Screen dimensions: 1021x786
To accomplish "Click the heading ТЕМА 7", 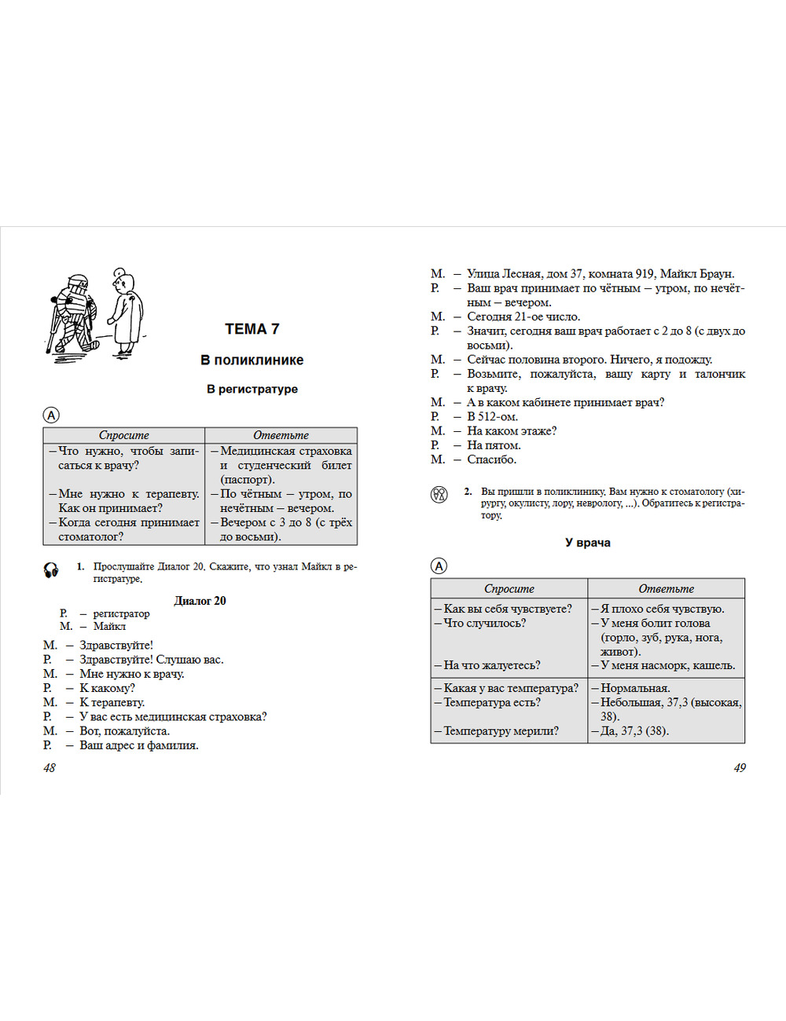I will point(252,329).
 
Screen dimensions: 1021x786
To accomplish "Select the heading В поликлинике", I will point(252,360).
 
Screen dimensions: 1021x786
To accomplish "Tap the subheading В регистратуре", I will point(252,389).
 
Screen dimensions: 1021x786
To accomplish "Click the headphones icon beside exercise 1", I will point(51,570).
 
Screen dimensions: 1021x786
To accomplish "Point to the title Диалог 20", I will point(200,601).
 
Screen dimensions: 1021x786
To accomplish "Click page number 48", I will point(50,767).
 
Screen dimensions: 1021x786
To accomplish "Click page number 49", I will point(740,767).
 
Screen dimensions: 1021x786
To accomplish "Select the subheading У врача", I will point(587,543).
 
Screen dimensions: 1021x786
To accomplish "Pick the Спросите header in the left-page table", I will point(123,435).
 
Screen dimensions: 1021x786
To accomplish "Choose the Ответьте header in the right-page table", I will point(666,588).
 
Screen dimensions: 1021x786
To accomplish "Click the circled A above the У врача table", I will point(439,566).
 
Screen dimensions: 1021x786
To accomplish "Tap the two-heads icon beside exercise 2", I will point(439,494).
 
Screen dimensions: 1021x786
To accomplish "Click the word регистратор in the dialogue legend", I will point(121,613).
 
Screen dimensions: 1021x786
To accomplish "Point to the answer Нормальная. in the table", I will point(635,688).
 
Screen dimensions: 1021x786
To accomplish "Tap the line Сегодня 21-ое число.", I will point(523,317).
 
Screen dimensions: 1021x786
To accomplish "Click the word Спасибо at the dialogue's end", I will point(491,459).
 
